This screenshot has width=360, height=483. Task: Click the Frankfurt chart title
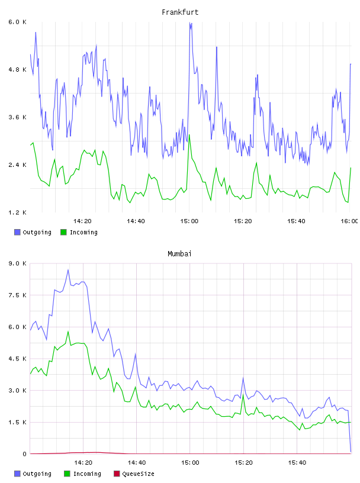pyautogui.click(x=180, y=12)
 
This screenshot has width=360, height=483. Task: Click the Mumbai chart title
pyautogui.click(x=179, y=254)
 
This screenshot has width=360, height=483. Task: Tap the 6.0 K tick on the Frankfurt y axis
pyautogui.click(x=17, y=22)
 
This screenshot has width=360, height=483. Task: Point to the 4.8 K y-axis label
pyautogui.click(x=17, y=70)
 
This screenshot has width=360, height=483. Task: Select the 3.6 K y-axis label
pyautogui.click(x=17, y=117)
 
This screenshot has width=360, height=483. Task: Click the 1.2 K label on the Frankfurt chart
pyautogui.click(x=17, y=212)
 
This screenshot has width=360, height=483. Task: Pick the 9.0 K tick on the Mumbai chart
pyautogui.click(x=17, y=263)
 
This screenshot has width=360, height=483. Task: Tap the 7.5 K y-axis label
pyautogui.click(x=17, y=295)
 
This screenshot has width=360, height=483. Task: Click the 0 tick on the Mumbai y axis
pyautogui.click(x=24, y=454)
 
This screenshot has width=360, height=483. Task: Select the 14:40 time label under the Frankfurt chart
pyautogui.click(x=136, y=221)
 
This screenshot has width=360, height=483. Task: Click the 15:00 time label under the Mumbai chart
pyautogui.click(x=190, y=463)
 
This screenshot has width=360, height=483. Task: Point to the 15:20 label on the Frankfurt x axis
pyautogui.click(x=243, y=221)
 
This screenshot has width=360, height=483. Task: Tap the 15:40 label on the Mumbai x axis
pyautogui.click(x=297, y=463)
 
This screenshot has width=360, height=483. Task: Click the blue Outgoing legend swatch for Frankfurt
pyautogui.click(x=17, y=232)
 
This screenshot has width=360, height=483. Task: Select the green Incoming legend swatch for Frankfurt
pyautogui.click(x=63, y=232)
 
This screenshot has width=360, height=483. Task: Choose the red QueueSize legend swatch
pyautogui.click(x=117, y=474)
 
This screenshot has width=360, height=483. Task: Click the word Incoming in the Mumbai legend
pyautogui.click(x=87, y=474)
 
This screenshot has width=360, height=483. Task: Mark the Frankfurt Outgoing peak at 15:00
pyautogui.click(x=190, y=23)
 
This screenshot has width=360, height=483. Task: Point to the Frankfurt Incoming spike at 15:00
pyautogui.click(x=189, y=135)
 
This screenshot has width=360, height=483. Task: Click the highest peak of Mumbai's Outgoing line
pyautogui.click(x=68, y=270)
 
